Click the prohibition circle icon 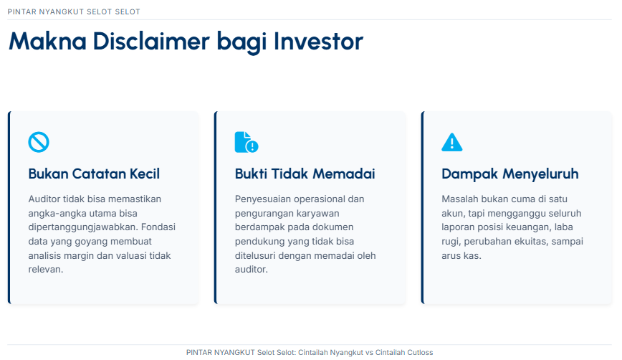39,142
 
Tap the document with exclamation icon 247,142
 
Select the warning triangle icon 452,142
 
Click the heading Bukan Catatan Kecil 94,174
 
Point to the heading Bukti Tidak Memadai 305,174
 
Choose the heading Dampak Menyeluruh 509,174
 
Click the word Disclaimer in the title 151,42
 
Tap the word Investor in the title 318,42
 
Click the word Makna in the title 47,42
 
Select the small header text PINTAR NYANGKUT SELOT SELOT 74,12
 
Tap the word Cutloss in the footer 420,352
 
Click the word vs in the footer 369,352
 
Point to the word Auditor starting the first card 44,199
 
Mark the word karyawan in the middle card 320,214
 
